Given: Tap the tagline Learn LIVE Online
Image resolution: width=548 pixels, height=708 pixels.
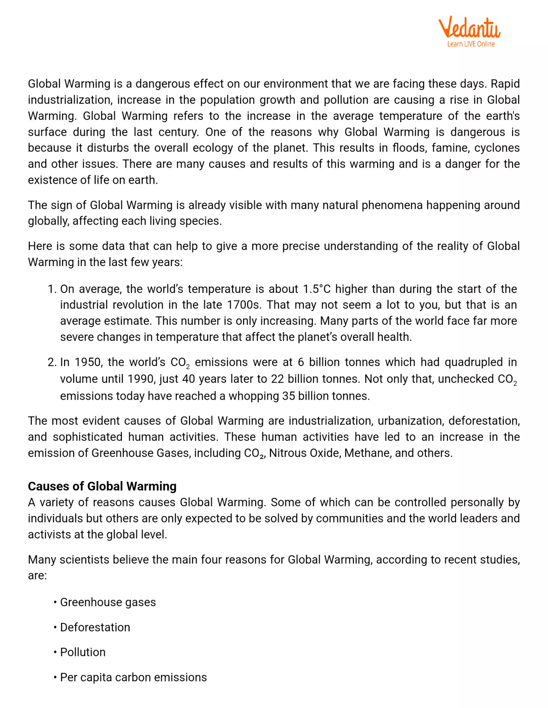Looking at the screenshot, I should point(471,44).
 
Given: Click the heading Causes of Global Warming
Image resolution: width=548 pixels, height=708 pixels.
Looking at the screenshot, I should point(102,486).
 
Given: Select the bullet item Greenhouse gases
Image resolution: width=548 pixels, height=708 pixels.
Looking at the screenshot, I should point(108,602).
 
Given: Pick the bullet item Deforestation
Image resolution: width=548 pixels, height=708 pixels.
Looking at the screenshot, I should point(95,627).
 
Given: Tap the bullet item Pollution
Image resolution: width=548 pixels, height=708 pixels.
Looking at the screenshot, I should point(83,652).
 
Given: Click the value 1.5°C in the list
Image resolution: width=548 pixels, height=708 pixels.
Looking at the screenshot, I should point(317,289).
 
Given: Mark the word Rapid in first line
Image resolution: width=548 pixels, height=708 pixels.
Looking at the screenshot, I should point(505,84).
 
